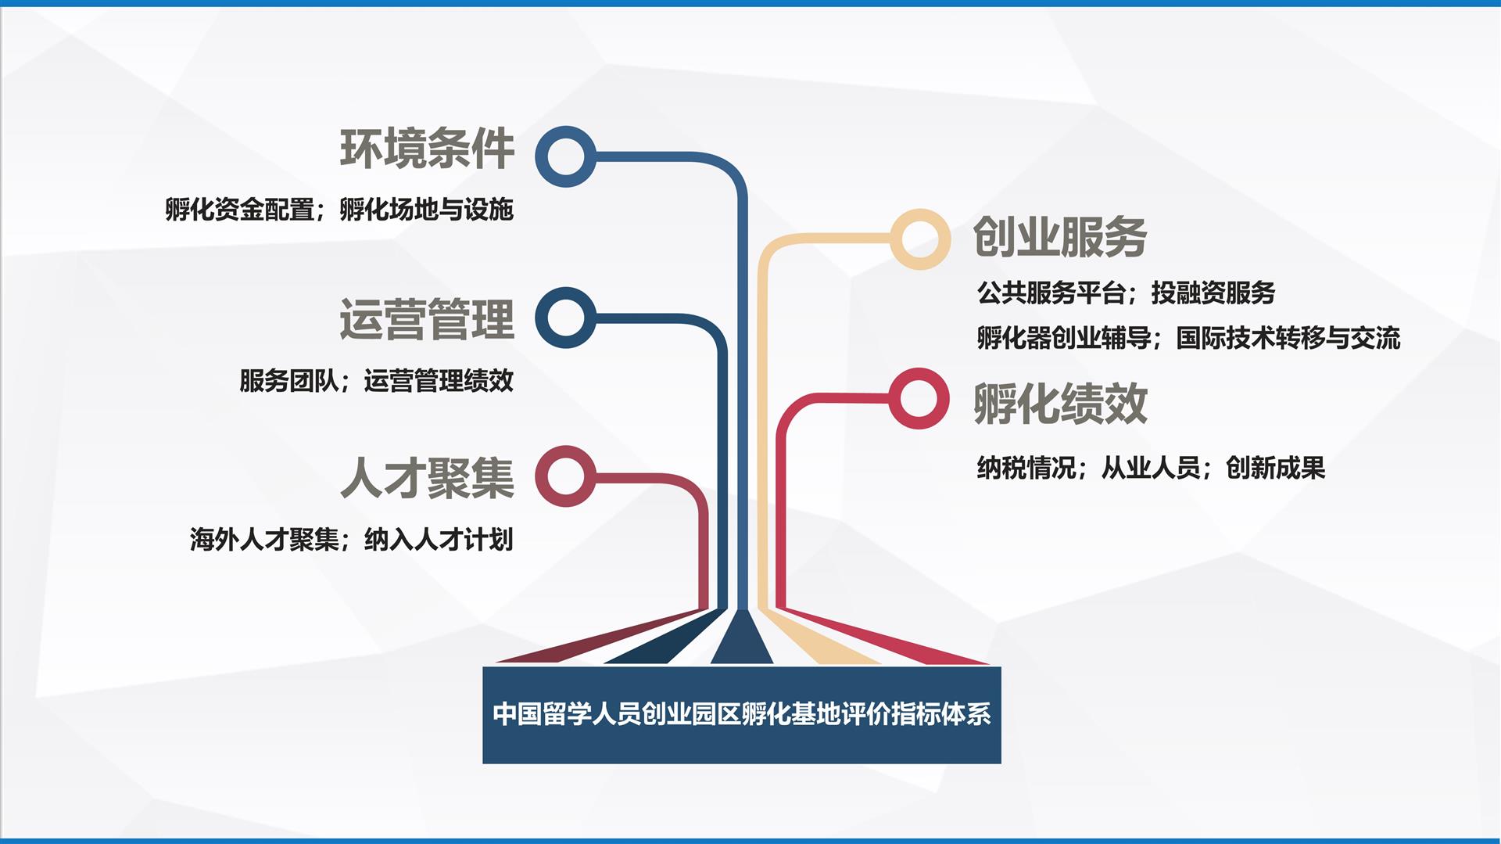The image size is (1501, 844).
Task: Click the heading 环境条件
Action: click(427, 149)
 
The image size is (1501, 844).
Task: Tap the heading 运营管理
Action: click(427, 319)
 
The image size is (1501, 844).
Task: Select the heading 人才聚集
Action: click(427, 478)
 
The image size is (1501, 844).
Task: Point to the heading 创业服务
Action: click(1060, 236)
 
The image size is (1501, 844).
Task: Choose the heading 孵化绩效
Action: click(1060, 404)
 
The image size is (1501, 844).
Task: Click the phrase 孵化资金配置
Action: click(240, 210)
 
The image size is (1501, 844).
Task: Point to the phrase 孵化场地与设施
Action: click(427, 210)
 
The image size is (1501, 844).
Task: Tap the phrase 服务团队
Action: click(289, 381)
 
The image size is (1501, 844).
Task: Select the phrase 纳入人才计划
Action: click(439, 540)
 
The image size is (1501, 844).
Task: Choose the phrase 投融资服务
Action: click(1213, 293)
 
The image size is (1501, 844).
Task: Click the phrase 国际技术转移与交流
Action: click(1288, 338)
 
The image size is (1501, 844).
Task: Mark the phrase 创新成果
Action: click(1276, 468)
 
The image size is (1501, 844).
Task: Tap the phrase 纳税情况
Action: click(1026, 468)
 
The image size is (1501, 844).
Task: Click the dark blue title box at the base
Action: click(742, 715)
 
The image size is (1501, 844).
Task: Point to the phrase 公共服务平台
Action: click(1051, 293)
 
